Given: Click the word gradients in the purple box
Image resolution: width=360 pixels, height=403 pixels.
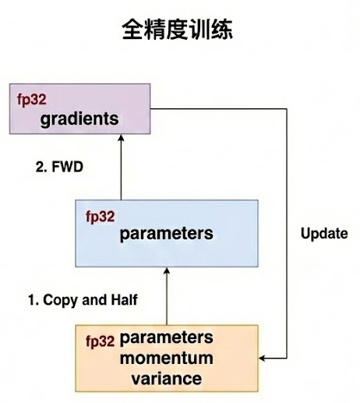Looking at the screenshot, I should point(81,119).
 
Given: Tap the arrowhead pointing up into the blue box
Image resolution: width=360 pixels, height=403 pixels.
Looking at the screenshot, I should point(166,270).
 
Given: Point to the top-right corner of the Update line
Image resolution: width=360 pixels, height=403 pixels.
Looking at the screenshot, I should point(288,108).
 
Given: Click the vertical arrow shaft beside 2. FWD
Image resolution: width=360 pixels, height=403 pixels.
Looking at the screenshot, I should point(120,171).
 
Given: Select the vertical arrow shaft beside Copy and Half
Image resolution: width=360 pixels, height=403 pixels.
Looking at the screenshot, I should point(166,300).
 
